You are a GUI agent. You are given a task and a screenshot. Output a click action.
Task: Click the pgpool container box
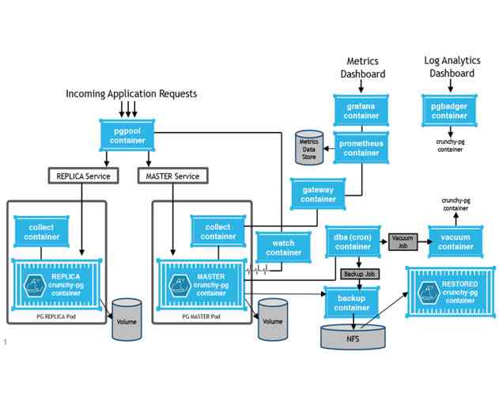(x=127, y=135)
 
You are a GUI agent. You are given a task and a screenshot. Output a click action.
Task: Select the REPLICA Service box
(x=83, y=176)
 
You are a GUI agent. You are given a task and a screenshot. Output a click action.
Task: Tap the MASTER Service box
(x=173, y=176)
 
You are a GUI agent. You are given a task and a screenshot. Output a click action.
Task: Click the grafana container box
(x=361, y=111)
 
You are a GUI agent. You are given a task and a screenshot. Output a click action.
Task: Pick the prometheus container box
(x=361, y=148)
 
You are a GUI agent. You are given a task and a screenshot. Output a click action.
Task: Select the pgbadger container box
(x=449, y=111)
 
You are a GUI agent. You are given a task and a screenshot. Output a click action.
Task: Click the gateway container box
(x=318, y=195)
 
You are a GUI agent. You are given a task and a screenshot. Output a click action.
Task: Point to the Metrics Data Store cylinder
(x=308, y=147)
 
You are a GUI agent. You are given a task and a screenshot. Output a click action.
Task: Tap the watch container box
(x=283, y=248)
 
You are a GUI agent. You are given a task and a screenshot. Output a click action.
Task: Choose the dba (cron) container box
(x=353, y=241)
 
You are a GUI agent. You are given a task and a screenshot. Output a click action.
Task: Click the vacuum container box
(x=456, y=241)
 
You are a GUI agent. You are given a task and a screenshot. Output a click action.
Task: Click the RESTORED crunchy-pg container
(x=450, y=290)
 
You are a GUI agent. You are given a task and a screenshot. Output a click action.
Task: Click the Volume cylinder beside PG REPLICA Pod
(x=126, y=319)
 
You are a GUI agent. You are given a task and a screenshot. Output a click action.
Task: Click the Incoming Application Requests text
(x=131, y=93)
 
